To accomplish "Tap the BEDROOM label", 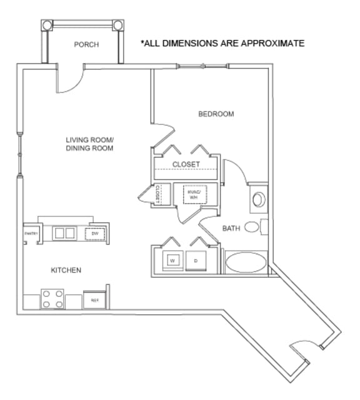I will tap(216, 114).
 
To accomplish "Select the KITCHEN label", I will tap(66, 270).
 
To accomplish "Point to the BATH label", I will tap(231, 228).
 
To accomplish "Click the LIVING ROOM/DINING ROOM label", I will tap(89, 144).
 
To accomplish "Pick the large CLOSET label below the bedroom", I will tap(186, 164).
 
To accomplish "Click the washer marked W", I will tap(172, 259).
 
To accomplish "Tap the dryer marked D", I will tap(196, 259).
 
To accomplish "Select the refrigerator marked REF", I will tap(95, 300).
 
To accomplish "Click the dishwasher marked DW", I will tap(95, 234).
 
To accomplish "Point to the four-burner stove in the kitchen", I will tap(52, 298).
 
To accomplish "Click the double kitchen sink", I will tap(64, 233).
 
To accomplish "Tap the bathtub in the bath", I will tap(245, 262).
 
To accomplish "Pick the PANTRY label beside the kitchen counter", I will tap(31, 234).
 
